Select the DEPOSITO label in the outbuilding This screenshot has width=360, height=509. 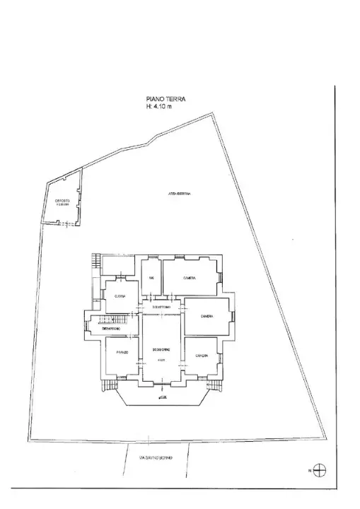tap(63, 201)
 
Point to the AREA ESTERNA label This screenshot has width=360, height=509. tap(180, 194)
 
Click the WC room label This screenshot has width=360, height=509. tap(151, 277)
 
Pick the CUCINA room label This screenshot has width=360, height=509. tap(120, 296)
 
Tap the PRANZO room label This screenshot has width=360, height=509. tap(123, 351)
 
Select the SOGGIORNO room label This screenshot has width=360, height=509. tap(161, 351)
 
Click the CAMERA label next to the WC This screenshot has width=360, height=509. tap(189, 277)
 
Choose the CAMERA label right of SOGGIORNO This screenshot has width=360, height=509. tap(207, 316)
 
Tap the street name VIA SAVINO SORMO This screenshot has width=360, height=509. tap(158, 456)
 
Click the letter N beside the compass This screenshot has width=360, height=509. tap(309, 470)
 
